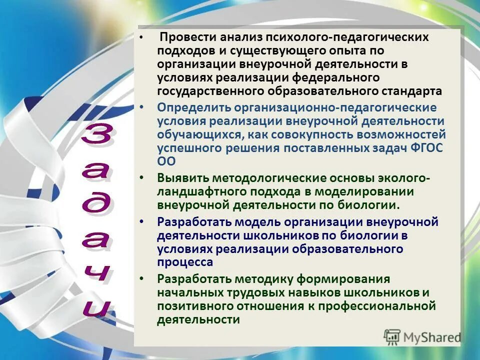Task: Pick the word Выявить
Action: point(182,178)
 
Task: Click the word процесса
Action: point(185,262)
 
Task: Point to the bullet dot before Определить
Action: point(142,107)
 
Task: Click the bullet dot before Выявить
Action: point(142,178)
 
